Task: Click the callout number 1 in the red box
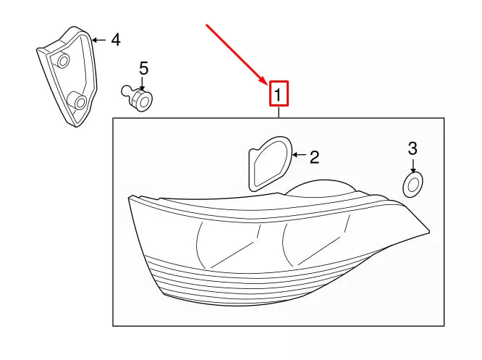pyautogui.click(x=278, y=95)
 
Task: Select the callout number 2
pyautogui.click(x=314, y=157)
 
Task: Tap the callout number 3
pyautogui.click(x=413, y=148)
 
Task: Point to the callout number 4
pyautogui.click(x=116, y=40)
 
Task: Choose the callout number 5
pyautogui.click(x=143, y=68)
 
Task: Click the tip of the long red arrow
pyautogui.click(x=267, y=85)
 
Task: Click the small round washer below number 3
pyautogui.click(x=413, y=185)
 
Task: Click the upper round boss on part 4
pyautogui.click(x=64, y=60)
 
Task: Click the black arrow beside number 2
pyautogui.click(x=298, y=154)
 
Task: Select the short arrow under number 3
pyautogui.click(x=413, y=166)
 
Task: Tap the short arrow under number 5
pyautogui.click(x=142, y=84)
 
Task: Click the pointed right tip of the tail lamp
pyautogui.click(x=429, y=230)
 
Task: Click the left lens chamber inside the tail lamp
pyautogui.click(x=227, y=243)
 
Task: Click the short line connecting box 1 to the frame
pyautogui.click(x=279, y=112)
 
